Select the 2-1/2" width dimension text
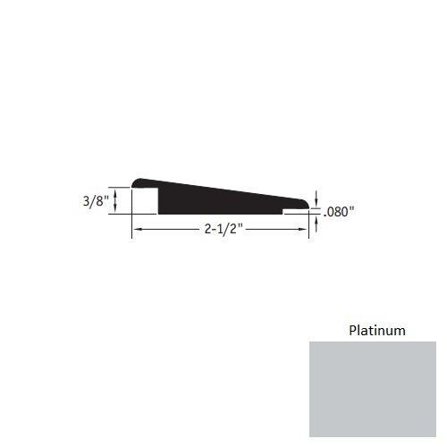tap(221, 230)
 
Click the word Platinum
tap(376, 331)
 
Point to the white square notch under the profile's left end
tap(146, 202)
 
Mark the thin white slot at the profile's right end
tap(294, 213)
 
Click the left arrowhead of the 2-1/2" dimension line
tap(137, 231)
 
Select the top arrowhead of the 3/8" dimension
tap(115, 190)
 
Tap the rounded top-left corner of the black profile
tap(136, 181)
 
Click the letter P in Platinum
tap(351, 331)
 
